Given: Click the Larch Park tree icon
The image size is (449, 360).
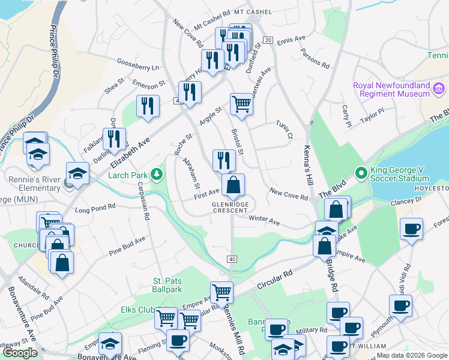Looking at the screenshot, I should [157, 175].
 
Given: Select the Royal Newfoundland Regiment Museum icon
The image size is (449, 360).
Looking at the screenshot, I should [439, 89].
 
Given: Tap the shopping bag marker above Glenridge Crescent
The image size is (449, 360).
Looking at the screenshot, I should [234, 185].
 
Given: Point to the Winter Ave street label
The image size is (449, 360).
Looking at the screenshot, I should [265, 221].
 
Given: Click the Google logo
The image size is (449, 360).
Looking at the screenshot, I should [20, 352].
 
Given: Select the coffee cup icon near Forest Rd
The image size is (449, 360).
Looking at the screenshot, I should [412, 229].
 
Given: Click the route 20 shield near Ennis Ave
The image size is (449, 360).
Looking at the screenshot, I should [268, 40].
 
